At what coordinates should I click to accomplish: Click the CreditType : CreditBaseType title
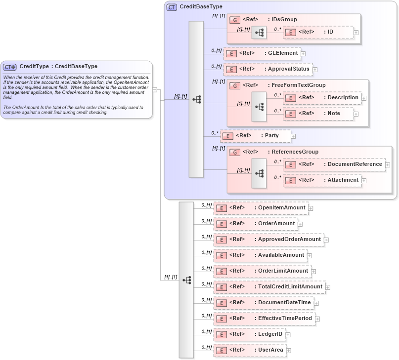click(x=58, y=66)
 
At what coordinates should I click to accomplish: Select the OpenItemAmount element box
click(x=261, y=208)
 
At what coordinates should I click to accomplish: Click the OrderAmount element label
click(x=276, y=224)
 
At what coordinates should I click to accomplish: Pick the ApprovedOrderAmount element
click(x=268, y=240)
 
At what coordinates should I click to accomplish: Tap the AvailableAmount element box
click(x=260, y=255)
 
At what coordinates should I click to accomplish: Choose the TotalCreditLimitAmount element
click(x=269, y=286)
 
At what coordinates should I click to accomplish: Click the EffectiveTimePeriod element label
click(x=285, y=319)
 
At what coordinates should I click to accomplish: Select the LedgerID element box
click(x=249, y=334)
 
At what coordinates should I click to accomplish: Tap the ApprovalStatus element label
click(x=288, y=69)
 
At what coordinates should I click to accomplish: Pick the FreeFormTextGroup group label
click(x=298, y=85)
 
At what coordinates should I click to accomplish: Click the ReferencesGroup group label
click(x=295, y=152)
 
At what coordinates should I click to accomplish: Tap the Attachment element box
click(x=322, y=180)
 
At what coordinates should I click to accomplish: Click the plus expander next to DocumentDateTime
click(x=316, y=303)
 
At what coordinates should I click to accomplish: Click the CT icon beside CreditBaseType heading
click(x=172, y=7)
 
